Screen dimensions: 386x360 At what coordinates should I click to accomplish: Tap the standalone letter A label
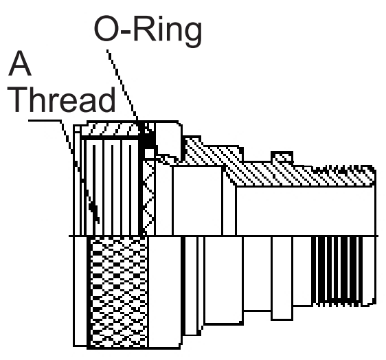tap(19, 63)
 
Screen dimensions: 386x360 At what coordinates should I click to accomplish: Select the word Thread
tap(62, 100)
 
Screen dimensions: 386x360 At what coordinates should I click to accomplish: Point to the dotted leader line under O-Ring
tap(122, 85)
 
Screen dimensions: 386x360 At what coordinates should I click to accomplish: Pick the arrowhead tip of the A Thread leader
tap(98, 223)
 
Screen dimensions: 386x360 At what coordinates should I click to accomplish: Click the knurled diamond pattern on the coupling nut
tap(119, 292)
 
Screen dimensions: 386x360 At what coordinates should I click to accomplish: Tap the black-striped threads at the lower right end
tap(338, 271)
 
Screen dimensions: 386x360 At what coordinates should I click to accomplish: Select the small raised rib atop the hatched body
tap(282, 157)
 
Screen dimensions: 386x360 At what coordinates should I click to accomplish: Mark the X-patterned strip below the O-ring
tap(149, 197)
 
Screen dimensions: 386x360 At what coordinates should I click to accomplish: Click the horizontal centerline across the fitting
tap(223, 236)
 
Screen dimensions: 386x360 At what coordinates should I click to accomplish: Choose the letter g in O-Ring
tap(192, 34)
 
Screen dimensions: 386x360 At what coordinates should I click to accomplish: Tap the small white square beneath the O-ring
tap(149, 154)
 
